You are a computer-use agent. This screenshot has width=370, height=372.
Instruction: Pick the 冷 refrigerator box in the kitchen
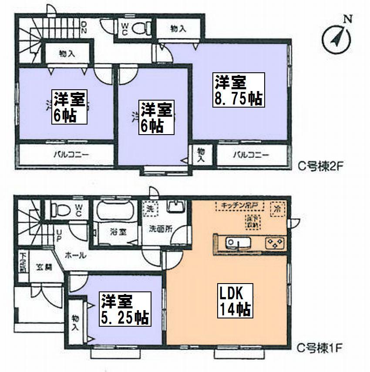pyautogui.click(x=276, y=208)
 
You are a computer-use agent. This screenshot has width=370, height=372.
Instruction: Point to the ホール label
pyautogui.click(x=75, y=256)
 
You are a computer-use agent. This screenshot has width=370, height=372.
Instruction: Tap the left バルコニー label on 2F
pyautogui.click(x=65, y=155)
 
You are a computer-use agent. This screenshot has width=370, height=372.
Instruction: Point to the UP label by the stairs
pyautogui.click(x=58, y=236)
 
